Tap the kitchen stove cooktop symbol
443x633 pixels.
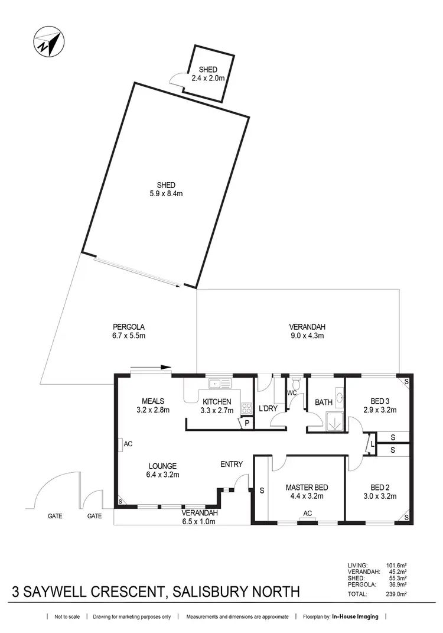[x=246, y=408]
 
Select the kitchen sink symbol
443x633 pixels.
[x=220, y=384]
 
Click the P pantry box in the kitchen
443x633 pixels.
[x=245, y=423]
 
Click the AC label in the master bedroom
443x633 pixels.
[x=307, y=513]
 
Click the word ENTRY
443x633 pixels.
[x=231, y=464]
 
